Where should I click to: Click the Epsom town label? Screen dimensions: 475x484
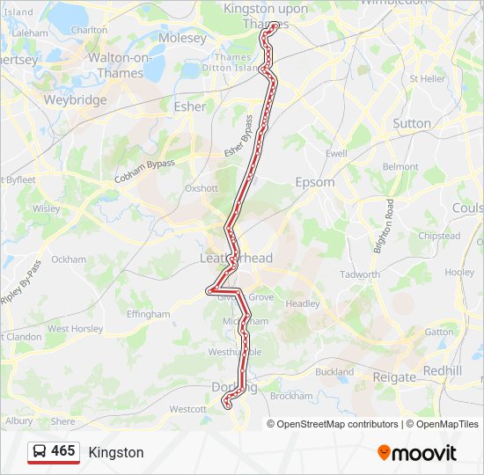315,182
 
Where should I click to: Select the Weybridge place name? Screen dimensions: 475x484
75,99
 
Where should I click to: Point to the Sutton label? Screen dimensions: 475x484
412,123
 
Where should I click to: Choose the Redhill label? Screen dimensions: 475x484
442,370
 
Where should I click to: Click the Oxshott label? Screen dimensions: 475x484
201,188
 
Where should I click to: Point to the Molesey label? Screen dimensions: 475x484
182,39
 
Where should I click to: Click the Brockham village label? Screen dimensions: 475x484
291,396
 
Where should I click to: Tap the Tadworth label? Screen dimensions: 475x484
360,274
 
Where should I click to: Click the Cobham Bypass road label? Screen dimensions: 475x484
144,171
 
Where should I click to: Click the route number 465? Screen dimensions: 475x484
63,451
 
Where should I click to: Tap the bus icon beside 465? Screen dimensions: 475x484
40,452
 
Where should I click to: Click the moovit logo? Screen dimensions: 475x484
417,453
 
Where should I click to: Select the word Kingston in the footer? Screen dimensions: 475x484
116,453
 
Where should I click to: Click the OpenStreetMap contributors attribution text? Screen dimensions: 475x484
337,424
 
